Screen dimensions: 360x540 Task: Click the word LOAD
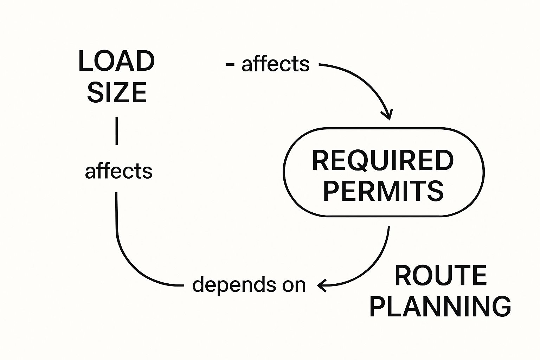pyautogui.click(x=116, y=62)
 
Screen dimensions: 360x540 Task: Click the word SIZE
pyautogui.click(x=117, y=92)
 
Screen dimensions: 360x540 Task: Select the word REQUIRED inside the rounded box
pyautogui.click(x=383, y=161)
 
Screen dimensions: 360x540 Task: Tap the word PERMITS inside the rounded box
pyautogui.click(x=383, y=191)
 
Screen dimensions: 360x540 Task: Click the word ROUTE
pyautogui.click(x=441, y=276)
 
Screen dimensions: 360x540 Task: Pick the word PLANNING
pyautogui.click(x=440, y=307)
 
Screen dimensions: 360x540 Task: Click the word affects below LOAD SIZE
pyautogui.click(x=118, y=171)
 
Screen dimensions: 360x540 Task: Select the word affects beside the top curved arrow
pyautogui.click(x=275, y=64)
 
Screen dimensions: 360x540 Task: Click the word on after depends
pyautogui.click(x=294, y=285)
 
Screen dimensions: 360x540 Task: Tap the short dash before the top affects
pyautogui.click(x=230, y=64)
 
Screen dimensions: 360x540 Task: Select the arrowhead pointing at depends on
pyautogui.click(x=321, y=285)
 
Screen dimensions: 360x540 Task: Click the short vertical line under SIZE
pyautogui.click(x=116, y=131)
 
